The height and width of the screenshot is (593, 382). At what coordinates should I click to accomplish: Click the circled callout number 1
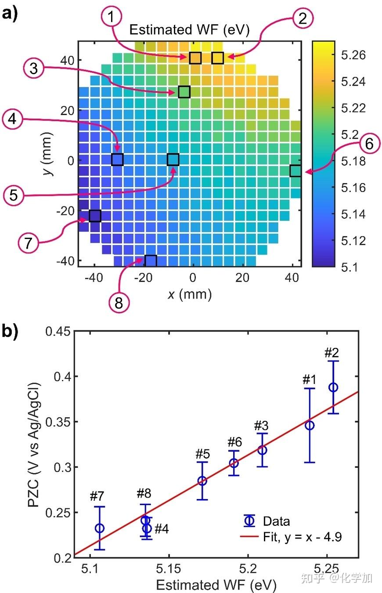[111, 18]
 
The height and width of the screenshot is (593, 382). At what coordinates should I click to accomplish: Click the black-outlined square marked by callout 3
[184, 92]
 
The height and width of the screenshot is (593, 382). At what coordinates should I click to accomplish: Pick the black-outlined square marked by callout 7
[95, 216]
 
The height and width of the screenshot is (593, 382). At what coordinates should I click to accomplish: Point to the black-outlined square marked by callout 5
[173, 159]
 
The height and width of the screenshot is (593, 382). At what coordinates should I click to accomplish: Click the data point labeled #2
[333, 387]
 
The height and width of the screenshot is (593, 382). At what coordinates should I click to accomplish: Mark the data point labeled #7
[100, 528]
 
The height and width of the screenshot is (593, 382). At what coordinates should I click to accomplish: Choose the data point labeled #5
[202, 481]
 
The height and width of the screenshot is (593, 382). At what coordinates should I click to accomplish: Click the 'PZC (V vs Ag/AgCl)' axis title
[35, 445]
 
